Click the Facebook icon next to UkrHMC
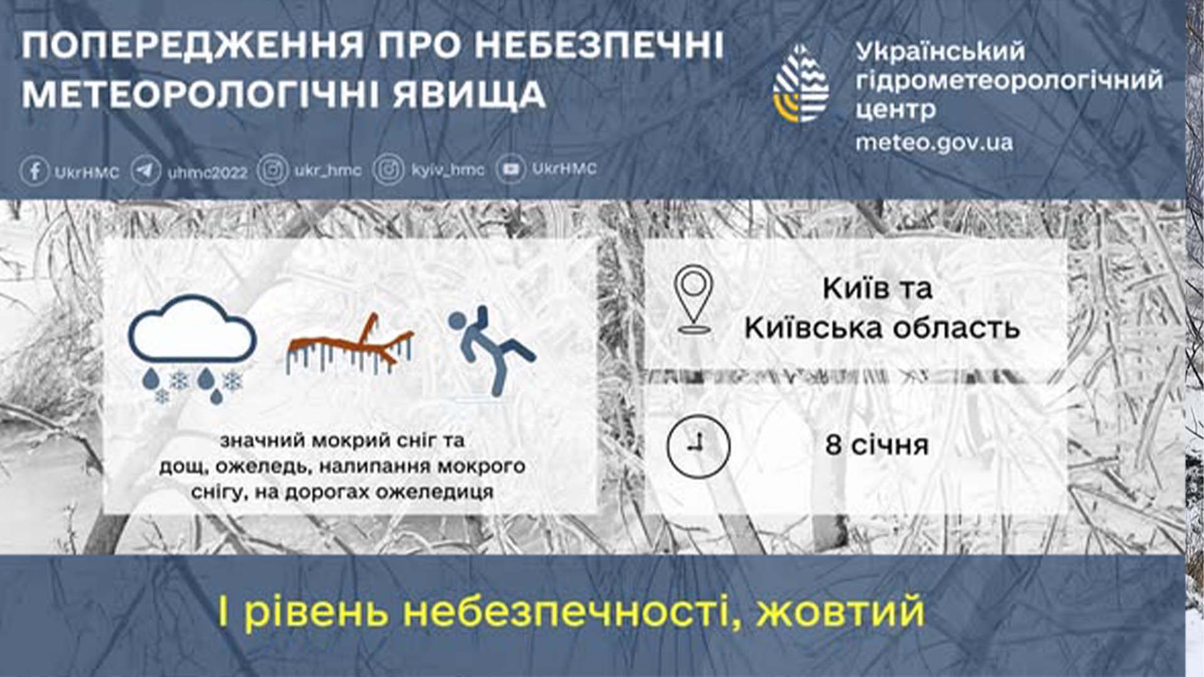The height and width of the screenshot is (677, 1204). coord(35,171)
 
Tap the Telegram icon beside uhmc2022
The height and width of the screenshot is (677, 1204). coord(146,171)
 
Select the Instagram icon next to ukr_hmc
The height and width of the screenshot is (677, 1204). coord(273,171)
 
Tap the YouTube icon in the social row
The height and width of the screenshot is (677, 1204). coord(510,169)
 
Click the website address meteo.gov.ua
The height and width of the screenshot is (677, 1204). coord(934,143)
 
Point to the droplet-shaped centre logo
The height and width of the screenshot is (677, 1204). coord(801,83)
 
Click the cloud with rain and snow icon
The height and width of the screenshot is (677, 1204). coord(192,349)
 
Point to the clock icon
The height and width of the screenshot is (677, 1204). coord(698,446)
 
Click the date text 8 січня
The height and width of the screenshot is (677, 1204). coord(877,445)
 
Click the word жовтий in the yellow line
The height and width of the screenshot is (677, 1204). coord(840,611)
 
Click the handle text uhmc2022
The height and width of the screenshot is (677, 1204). coord(208,172)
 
